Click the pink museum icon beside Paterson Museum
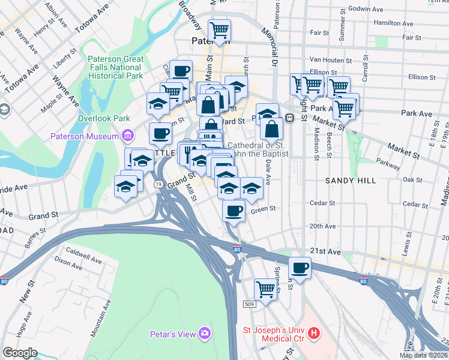click(x=127, y=136)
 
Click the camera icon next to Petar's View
click(x=205, y=332)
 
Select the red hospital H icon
click(x=312, y=332)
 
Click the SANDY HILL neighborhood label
click(x=351, y=180)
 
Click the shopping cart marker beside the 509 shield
click(x=265, y=289)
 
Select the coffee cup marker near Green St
click(x=234, y=210)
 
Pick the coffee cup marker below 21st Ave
click(x=300, y=268)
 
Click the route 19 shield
click(x=158, y=184)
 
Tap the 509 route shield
click(x=250, y=305)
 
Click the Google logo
click(x=20, y=353)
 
